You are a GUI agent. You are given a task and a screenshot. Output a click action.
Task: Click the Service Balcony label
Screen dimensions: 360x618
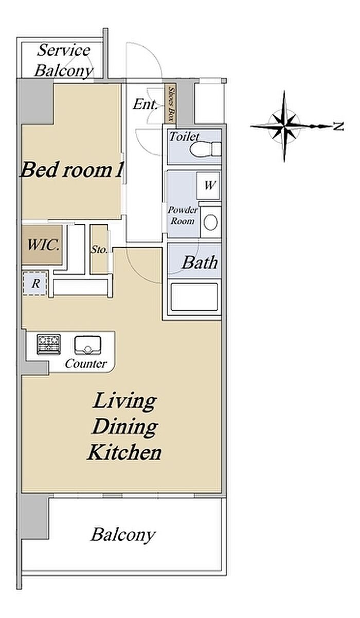point(64,61)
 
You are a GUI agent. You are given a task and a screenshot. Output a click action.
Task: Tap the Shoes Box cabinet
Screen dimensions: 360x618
point(171,103)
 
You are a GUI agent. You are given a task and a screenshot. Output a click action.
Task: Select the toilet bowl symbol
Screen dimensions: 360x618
point(205,149)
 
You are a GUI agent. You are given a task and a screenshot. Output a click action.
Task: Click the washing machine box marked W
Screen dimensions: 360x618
point(208,185)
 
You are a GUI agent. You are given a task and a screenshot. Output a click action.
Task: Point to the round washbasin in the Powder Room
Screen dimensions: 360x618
point(210,222)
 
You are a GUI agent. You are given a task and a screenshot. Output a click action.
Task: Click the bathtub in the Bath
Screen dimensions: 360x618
point(194,296)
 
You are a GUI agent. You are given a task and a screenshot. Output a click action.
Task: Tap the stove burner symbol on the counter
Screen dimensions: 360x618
point(49,344)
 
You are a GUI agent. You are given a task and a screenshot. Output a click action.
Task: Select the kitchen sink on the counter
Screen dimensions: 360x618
point(87,345)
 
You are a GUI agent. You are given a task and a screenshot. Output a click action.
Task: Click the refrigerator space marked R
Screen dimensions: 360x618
point(35,284)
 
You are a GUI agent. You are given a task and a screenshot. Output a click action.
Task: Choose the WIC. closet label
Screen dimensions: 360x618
point(43,245)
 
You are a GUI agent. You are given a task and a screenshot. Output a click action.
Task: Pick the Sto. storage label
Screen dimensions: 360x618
point(99,250)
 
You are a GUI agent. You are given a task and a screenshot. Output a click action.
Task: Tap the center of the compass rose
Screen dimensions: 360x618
point(284,127)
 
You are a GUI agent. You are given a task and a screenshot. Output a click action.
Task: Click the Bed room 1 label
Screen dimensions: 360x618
point(71,170)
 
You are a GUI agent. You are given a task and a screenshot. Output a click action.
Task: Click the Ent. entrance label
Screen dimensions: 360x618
point(145,104)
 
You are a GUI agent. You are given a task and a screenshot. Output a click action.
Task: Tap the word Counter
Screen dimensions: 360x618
point(86,364)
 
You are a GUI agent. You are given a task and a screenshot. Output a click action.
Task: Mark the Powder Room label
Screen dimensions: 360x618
point(183,216)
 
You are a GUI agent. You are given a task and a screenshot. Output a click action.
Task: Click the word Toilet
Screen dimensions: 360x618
point(184,136)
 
